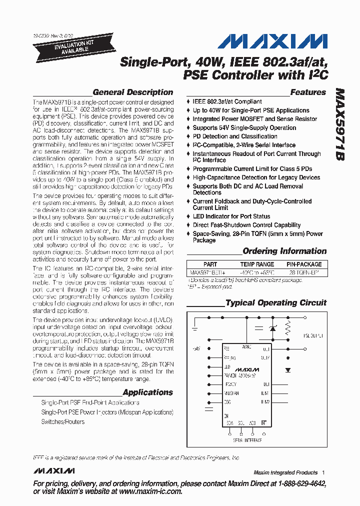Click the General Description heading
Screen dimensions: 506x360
pos(132,92)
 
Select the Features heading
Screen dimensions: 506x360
pos(308,92)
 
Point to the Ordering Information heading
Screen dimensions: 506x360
pos(284,251)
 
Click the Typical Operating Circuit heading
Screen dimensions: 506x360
pos(275,303)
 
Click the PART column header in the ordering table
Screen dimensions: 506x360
pos(210,264)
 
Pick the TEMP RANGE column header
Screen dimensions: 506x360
pos(257,264)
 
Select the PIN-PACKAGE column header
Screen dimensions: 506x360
pos(304,264)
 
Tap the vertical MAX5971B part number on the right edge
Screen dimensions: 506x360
pos(340,125)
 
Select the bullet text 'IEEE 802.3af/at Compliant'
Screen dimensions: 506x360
pos(227,101)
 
